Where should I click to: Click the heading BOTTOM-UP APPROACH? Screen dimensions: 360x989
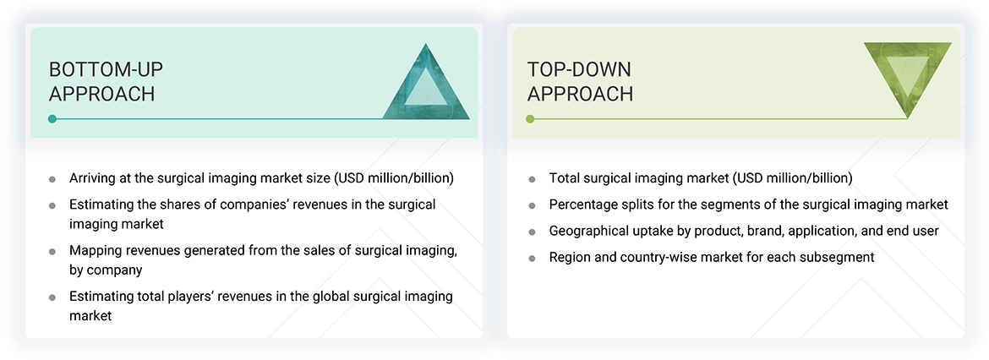coord(101,81)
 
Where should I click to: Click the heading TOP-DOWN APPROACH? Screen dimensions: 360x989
coord(580,81)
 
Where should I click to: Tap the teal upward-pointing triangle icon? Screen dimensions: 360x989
coord(426,84)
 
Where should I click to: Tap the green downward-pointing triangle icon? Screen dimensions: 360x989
coord(907,79)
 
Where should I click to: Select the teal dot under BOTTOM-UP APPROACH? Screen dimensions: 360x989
coord(52,119)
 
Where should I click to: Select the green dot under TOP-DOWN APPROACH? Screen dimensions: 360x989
coord(530,119)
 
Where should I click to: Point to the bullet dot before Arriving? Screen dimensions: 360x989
coord(52,179)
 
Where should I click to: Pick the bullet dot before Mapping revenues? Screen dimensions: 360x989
coord(52,251)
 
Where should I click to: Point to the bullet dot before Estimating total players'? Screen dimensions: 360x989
coord(52,297)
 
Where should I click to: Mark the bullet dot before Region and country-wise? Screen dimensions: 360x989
coord(532,258)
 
